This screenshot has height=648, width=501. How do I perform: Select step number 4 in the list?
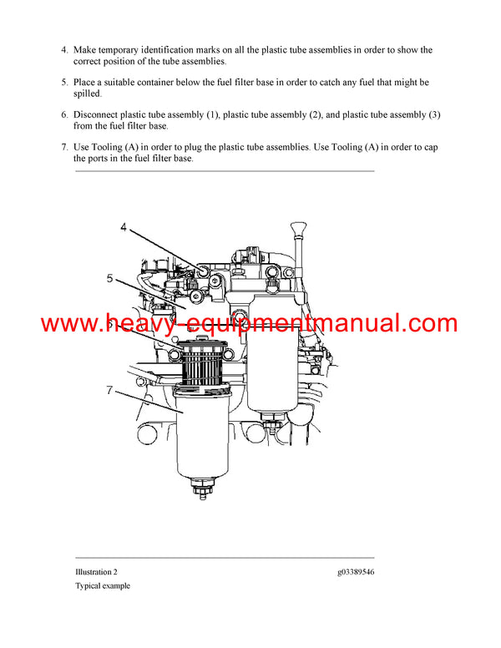tap(64, 50)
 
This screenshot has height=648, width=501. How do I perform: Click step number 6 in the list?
tap(64, 115)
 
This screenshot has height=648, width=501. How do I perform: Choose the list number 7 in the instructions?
tap(64, 148)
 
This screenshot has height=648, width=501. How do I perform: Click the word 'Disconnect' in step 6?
tap(98, 115)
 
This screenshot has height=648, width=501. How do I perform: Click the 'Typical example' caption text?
tap(103, 586)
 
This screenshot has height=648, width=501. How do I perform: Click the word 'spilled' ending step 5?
tap(89, 94)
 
